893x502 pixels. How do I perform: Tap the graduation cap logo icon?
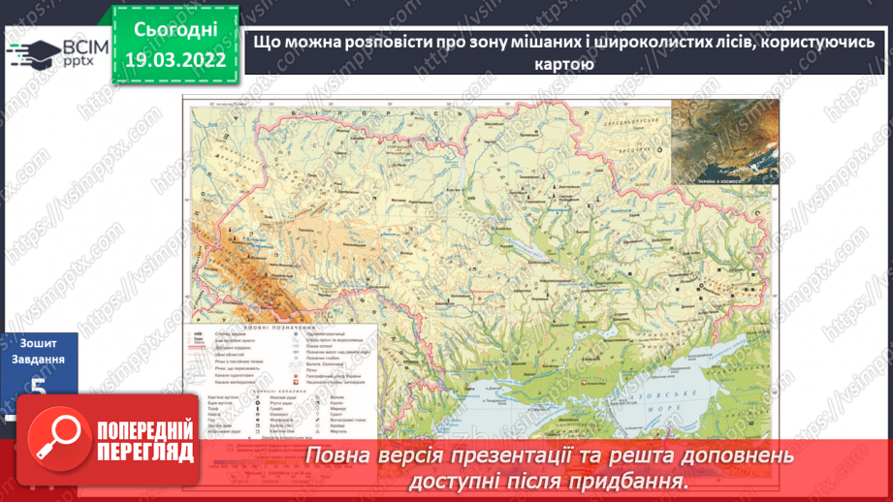point(33,52)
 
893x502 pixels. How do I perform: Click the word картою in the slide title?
point(563,65)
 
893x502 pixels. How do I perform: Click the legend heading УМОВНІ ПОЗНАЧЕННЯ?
point(279,326)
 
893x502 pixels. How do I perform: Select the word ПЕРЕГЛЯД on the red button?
point(144,452)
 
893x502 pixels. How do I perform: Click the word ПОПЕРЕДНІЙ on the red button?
point(144,429)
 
